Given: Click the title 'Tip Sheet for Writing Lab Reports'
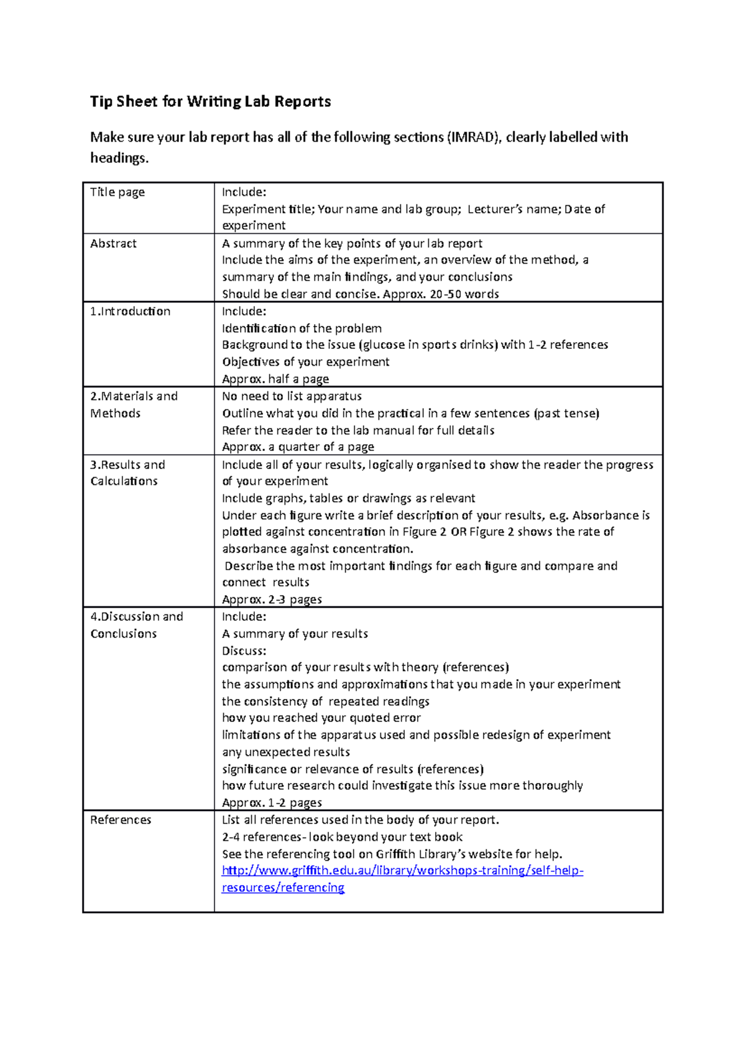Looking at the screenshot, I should [210, 101].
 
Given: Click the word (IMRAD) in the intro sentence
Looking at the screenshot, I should [474, 137].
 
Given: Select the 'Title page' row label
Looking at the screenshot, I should [117, 192].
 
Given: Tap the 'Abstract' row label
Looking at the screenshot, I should [113, 244].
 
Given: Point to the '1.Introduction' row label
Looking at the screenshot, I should [130, 312].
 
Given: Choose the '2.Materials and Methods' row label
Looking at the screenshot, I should [134, 405].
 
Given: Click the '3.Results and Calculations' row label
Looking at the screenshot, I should [127, 473].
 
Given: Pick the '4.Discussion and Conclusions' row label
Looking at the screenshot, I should [136, 625].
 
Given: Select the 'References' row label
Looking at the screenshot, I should [121, 820].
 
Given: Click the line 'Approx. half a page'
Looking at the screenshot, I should [275, 379].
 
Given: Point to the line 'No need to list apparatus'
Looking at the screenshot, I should [292, 396].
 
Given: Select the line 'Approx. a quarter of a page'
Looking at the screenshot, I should [298, 447].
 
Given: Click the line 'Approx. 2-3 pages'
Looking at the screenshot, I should [272, 600].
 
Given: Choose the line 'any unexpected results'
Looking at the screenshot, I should [286, 752].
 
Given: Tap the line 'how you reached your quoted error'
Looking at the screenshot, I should [321, 718].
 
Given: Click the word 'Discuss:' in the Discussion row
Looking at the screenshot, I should [244, 651].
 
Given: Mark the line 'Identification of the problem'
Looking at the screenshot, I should [302, 328].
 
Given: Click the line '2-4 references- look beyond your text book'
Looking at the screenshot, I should [342, 837].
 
